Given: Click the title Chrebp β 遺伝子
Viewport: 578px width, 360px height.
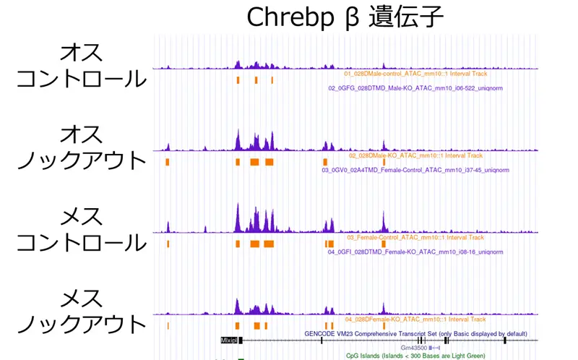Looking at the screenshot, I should point(345,17).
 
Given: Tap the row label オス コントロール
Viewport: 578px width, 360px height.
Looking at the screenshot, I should point(81,65).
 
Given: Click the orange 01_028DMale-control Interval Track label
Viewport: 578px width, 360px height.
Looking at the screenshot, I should point(415,74).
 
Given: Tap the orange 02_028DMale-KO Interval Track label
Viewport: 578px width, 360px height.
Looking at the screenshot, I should point(416,155).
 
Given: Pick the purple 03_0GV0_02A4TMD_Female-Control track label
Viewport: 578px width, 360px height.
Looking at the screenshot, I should point(415,170).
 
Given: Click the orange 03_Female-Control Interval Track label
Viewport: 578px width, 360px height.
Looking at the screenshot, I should point(415,237).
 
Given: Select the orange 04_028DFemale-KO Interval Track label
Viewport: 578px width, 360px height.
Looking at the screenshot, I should point(416,319).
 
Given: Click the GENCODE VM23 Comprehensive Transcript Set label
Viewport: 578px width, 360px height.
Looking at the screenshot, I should point(415,333).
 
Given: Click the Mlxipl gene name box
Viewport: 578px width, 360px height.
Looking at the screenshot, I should point(229,339).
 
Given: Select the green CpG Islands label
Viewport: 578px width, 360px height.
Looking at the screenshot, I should point(415,356).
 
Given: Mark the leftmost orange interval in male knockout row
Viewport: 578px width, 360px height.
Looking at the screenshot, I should point(167,162).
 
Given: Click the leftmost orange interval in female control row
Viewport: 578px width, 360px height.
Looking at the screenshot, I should point(167,244).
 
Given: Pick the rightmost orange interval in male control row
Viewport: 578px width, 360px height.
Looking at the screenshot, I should point(272,80).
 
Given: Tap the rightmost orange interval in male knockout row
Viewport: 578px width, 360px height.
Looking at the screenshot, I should point(384,162).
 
